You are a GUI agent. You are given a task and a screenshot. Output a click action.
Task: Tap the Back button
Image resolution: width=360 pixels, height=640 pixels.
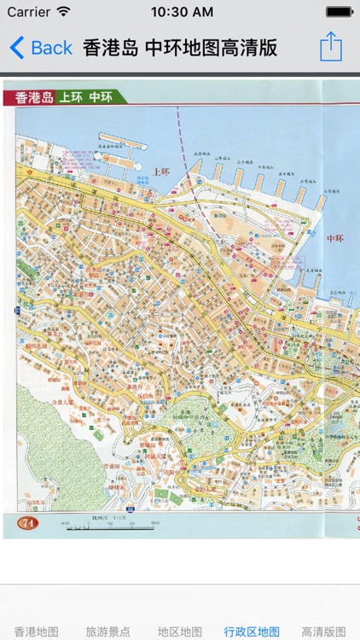pos(41,47)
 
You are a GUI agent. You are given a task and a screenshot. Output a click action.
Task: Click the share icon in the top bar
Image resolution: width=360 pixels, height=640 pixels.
pos(331,47)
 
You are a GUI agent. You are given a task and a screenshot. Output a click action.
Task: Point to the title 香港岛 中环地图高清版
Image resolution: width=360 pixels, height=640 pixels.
pos(180,47)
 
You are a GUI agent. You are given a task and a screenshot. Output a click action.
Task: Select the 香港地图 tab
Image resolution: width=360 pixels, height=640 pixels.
pos(36,631)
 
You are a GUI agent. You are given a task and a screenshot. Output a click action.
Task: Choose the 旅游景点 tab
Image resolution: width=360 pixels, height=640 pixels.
pos(107,631)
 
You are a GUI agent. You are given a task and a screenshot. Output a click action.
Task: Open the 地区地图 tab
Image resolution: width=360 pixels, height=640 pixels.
pos(179,631)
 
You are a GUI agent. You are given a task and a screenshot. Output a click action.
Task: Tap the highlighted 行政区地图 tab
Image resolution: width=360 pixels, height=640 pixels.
pos(252,631)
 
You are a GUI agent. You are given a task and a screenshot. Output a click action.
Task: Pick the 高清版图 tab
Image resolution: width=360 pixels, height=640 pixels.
pos(324,631)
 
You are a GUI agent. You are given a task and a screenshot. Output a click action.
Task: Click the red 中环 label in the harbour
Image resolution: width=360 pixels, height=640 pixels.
pos(336,238)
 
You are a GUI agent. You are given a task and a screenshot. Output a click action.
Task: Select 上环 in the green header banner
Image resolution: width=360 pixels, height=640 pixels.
pos(70,96)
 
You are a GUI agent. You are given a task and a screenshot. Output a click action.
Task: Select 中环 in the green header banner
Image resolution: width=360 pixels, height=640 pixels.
pos(101,96)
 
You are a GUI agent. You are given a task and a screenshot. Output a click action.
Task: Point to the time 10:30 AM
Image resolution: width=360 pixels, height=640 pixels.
pos(181,12)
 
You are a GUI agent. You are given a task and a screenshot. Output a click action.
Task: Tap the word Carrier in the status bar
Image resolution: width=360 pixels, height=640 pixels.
pos(28,12)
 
